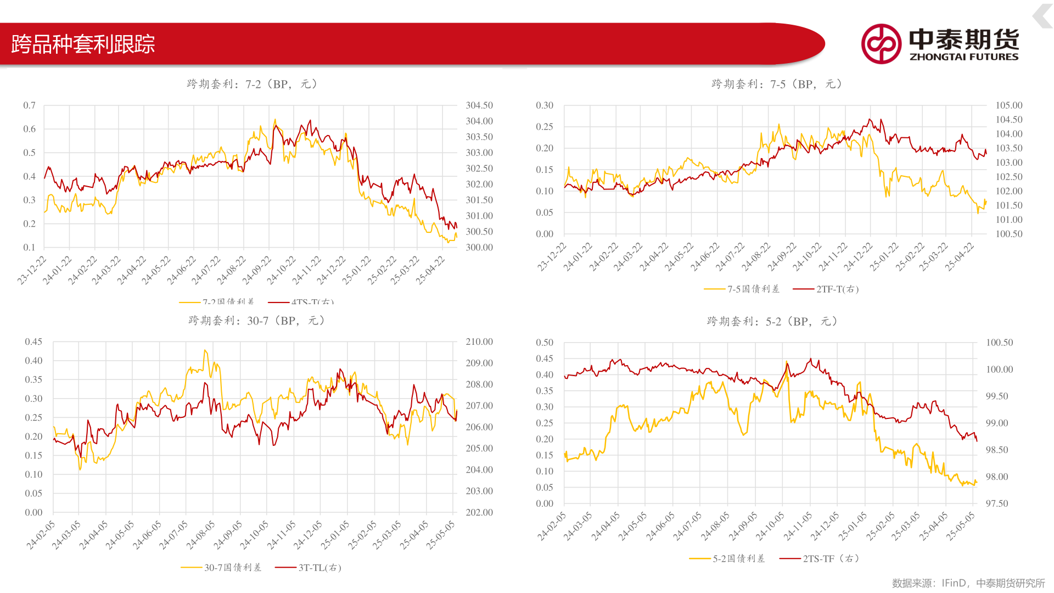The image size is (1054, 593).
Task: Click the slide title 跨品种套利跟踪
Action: click(83, 44)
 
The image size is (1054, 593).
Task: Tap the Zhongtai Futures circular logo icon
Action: click(881, 44)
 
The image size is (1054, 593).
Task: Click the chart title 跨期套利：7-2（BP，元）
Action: click(252, 84)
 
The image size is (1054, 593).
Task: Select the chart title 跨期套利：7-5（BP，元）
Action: click(777, 84)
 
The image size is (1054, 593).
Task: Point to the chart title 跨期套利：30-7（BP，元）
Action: click(256, 321)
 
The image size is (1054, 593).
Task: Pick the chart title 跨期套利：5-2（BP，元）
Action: click(772, 321)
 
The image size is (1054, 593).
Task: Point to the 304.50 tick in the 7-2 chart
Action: click(479, 105)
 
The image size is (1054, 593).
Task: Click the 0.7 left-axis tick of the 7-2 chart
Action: click(29, 105)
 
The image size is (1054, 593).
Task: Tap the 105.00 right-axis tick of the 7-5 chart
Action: click(1009, 105)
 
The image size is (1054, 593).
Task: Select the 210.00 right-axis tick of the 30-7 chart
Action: click(479, 342)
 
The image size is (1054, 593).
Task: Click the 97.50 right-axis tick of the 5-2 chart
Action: click(997, 504)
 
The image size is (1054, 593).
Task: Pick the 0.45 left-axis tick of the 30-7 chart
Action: click(33, 342)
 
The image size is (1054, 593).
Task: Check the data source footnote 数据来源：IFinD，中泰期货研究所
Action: click(968, 583)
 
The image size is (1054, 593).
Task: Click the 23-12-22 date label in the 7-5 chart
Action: click(552, 257)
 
